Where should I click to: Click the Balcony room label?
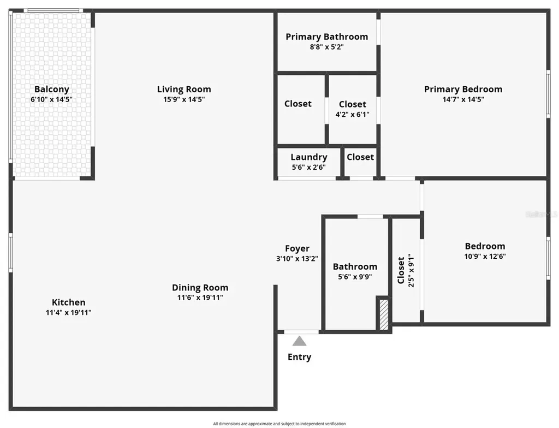pyautogui.click(x=51, y=90)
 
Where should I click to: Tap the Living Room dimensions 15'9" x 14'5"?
pyautogui.click(x=184, y=100)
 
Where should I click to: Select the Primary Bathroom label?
pyautogui.click(x=326, y=37)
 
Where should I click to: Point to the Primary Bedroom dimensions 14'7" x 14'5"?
pyautogui.click(x=463, y=100)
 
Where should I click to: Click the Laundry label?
pyautogui.click(x=308, y=157)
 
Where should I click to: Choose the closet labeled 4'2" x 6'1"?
pyautogui.click(x=352, y=109)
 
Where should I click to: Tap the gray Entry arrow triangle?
pyautogui.click(x=299, y=341)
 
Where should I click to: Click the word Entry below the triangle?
pyautogui.click(x=299, y=357)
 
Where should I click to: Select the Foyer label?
pyautogui.click(x=297, y=248)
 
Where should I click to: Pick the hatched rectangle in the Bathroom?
pyautogui.click(x=384, y=314)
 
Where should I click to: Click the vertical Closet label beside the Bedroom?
pyautogui.click(x=402, y=270)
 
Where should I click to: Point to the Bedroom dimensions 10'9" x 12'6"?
pyautogui.click(x=485, y=256)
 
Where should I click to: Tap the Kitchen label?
pyautogui.click(x=68, y=302)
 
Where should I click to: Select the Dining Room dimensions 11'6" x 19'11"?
pyautogui.click(x=200, y=298)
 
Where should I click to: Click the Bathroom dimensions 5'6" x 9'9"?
pyautogui.click(x=355, y=277)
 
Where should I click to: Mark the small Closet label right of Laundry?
pyautogui.click(x=360, y=157)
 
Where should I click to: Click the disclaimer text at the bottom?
pyautogui.click(x=279, y=424)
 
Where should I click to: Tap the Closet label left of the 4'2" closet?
pyautogui.click(x=298, y=104)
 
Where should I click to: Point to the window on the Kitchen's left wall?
pyautogui.click(x=10, y=253)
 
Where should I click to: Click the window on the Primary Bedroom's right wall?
pyautogui.click(x=548, y=94)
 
